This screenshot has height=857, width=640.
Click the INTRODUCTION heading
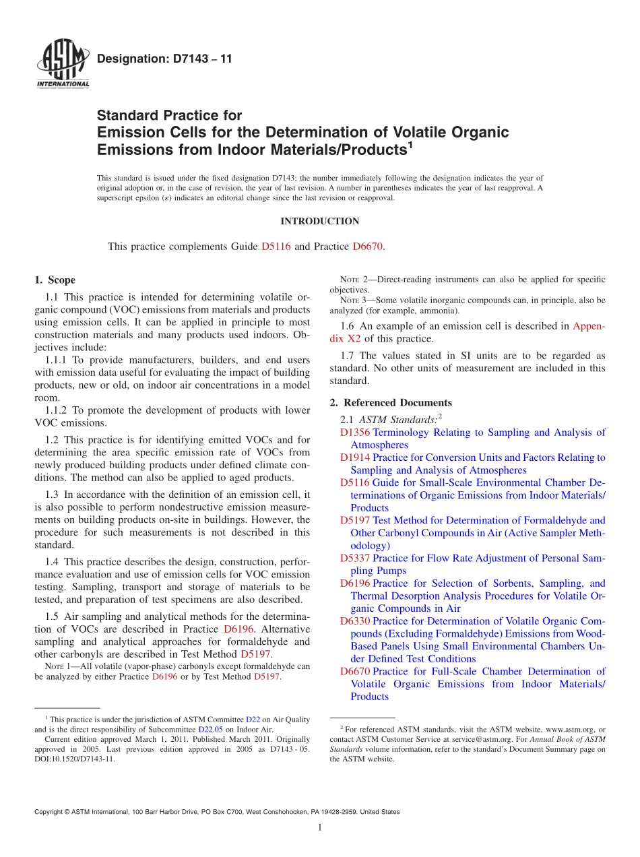click(319, 222)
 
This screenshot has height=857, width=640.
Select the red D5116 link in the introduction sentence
click(276, 247)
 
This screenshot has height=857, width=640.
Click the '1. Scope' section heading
click(55, 280)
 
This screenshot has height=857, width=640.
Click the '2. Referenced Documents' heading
click(391, 403)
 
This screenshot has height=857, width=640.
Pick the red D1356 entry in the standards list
click(355, 433)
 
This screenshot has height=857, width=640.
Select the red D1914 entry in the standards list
click(355, 457)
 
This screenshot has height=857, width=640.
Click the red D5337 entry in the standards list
click(355, 559)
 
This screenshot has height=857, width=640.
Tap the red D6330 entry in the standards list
click(355, 621)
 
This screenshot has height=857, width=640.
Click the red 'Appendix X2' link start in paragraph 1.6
click(588, 326)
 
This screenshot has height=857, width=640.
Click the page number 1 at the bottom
click(320, 827)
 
